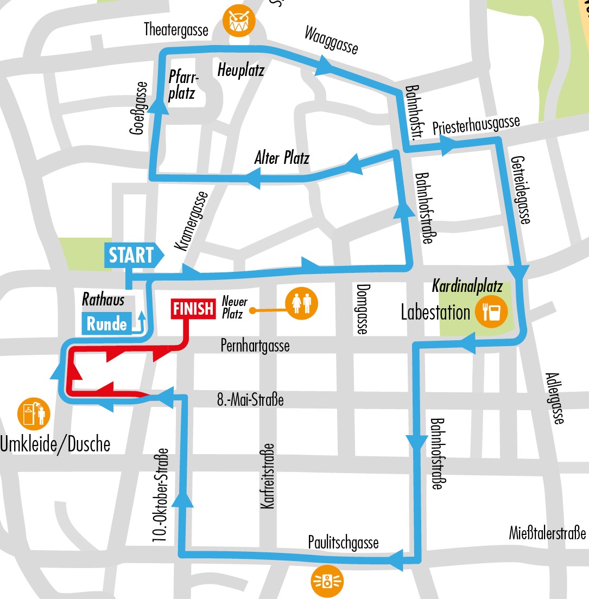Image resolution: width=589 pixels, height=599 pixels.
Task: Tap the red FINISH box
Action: (x=193, y=308)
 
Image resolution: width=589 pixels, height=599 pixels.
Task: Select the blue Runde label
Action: (x=107, y=323)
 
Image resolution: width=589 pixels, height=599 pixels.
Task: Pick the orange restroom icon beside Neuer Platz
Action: (x=300, y=304)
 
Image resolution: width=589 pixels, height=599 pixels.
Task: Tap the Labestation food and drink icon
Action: (x=491, y=311)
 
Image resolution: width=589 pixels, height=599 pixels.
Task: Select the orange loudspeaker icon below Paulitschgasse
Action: (x=327, y=582)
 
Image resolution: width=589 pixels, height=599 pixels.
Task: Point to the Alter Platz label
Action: (x=282, y=158)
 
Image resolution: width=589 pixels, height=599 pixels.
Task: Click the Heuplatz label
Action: (x=240, y=70)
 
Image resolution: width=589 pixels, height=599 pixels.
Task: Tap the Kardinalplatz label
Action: (x=467, y=285)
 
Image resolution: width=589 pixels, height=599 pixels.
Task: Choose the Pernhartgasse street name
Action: (x=255, y=345)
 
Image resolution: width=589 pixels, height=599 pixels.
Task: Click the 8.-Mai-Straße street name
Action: (x=250, y=401)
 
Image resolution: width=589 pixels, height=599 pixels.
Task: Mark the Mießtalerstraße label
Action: (x=548, y=533)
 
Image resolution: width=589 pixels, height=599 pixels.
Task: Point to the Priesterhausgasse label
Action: (x=476, y=125)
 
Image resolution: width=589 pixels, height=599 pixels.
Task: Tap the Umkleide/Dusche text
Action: (x=55, y=444)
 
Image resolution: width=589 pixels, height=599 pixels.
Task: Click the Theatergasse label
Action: (x=176, y=30)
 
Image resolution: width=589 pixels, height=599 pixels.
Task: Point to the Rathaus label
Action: (x=103, y=299)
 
